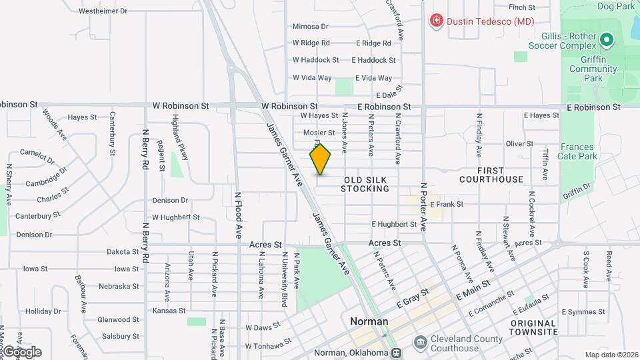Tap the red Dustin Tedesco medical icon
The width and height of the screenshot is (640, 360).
coord(436,21)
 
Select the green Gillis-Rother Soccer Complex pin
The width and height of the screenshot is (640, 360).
coord(606,41)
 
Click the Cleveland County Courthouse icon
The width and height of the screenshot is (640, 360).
coord(421,343)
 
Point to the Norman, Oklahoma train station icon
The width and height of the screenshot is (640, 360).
coord(397,353)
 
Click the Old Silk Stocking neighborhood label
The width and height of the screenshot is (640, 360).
coord(365,185)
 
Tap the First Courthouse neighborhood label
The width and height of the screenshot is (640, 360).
coord(491,175)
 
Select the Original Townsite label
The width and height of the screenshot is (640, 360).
coord(533,327)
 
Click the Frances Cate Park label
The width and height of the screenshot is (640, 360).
coord(577,152)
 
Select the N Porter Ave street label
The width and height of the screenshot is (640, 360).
coord(423,206)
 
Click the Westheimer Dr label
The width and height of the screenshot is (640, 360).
coord(103,11)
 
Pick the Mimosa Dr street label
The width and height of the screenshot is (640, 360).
coord(311,27)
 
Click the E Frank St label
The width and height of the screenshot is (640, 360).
coord(447,204)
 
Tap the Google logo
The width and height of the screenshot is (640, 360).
coord(22,351)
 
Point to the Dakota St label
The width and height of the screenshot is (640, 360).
coord(123,252)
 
